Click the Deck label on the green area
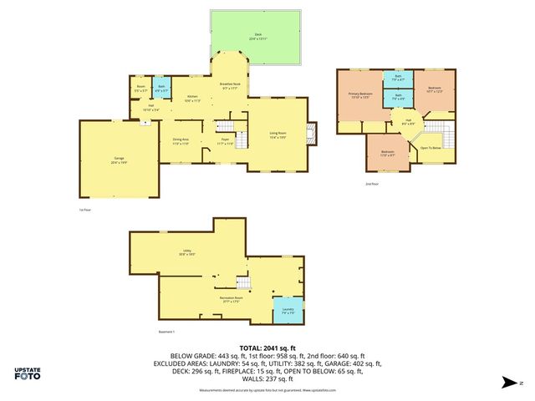click(257, 36)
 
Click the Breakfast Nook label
click(231, 85)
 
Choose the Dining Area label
click(181, 141)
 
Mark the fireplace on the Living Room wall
click(313, 134)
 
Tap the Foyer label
click(225, 142)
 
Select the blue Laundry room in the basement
click(288, 311)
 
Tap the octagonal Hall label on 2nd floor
click(409, 121)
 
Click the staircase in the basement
click(243, 283)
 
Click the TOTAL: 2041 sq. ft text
click(267, 348)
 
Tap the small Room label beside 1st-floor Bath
click(140, 88)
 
